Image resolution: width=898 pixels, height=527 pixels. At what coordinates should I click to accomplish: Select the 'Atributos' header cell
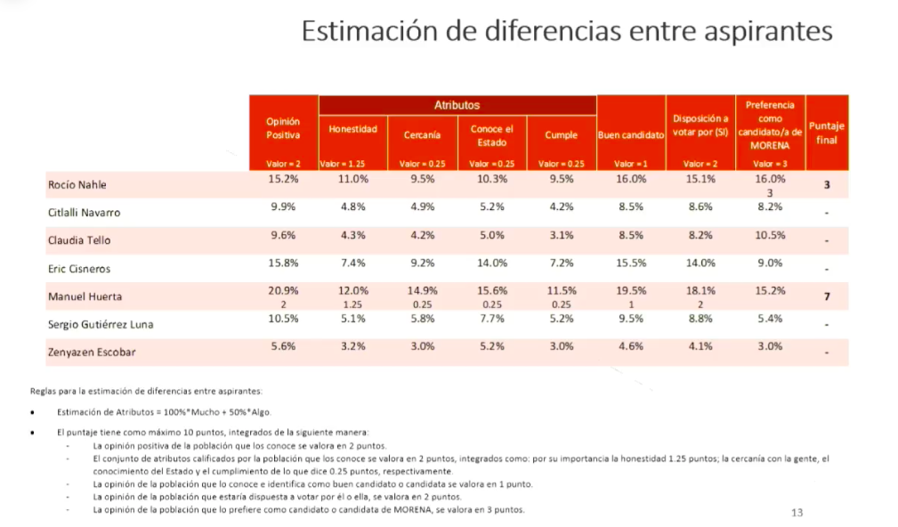click(457, 105)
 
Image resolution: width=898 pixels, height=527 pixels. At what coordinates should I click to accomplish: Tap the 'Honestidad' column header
click(352, 129)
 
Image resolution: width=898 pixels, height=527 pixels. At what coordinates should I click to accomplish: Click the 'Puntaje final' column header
click(826, 133)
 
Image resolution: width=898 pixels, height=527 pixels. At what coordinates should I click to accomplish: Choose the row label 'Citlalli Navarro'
click(84, 213)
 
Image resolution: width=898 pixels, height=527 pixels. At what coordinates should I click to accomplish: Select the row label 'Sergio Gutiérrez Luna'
click(100, 324)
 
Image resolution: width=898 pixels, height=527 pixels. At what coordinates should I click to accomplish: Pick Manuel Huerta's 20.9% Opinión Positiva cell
click(283, 291)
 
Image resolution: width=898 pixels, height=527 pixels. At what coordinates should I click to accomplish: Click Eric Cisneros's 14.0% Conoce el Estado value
click(492, 263)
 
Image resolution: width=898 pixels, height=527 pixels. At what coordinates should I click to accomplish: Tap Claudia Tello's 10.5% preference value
click(770, 236)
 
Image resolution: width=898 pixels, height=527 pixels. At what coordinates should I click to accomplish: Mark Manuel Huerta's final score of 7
click(827, 296)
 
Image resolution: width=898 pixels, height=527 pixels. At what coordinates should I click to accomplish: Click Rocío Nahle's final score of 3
click(827, 185)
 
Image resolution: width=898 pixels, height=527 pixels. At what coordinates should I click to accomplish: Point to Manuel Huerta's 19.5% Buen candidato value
click(632, 291)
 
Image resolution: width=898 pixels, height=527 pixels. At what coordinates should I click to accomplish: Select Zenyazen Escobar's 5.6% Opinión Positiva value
click(283, 347)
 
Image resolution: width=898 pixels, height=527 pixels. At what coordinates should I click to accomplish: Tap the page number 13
click(797, 513)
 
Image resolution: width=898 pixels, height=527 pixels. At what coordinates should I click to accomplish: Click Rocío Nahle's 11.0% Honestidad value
click(353, 179)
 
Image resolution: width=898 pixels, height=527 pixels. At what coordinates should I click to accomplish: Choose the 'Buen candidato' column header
click(631, 135)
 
